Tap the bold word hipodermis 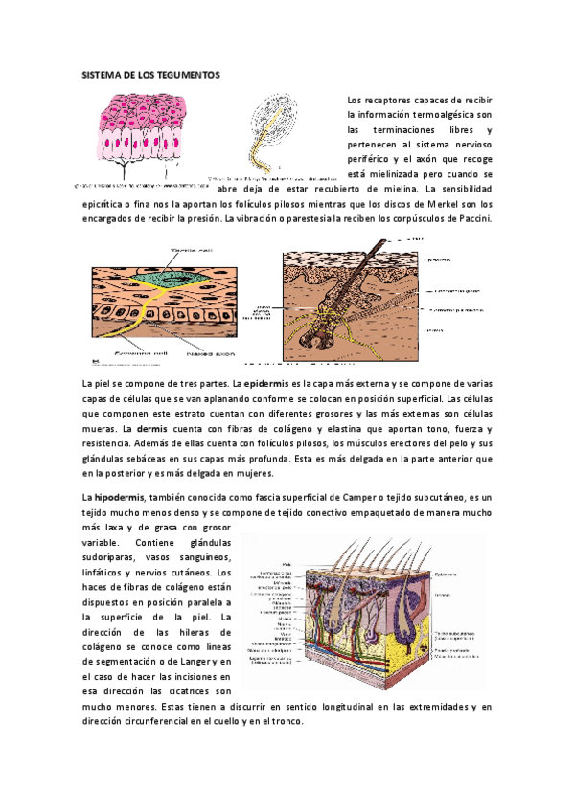118,498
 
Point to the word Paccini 471,219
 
